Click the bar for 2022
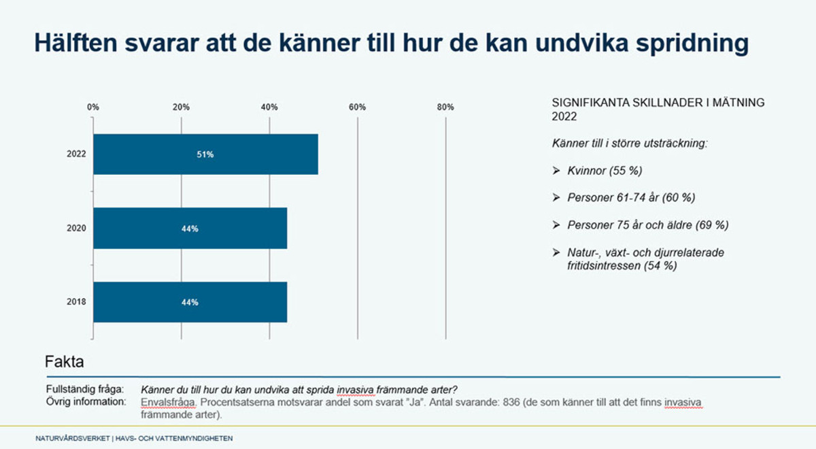[x=205, y=154]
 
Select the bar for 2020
[x=190, y=229]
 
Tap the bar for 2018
[x=190, y=302]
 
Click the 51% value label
[x=205, y=154]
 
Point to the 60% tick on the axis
[x=357, y=107]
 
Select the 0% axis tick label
[x=93, y=107]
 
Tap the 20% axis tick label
[x=181, y=107]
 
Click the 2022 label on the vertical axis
[x=76, y=154]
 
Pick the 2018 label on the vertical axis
[x=76, y=302]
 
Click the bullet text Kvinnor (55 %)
[x=605, y=170]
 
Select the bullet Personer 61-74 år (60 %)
[x=631, y=197]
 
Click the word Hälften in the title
[x=78, y=43]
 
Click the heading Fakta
[x=64, y=361]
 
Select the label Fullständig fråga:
[x=84, y=390]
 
